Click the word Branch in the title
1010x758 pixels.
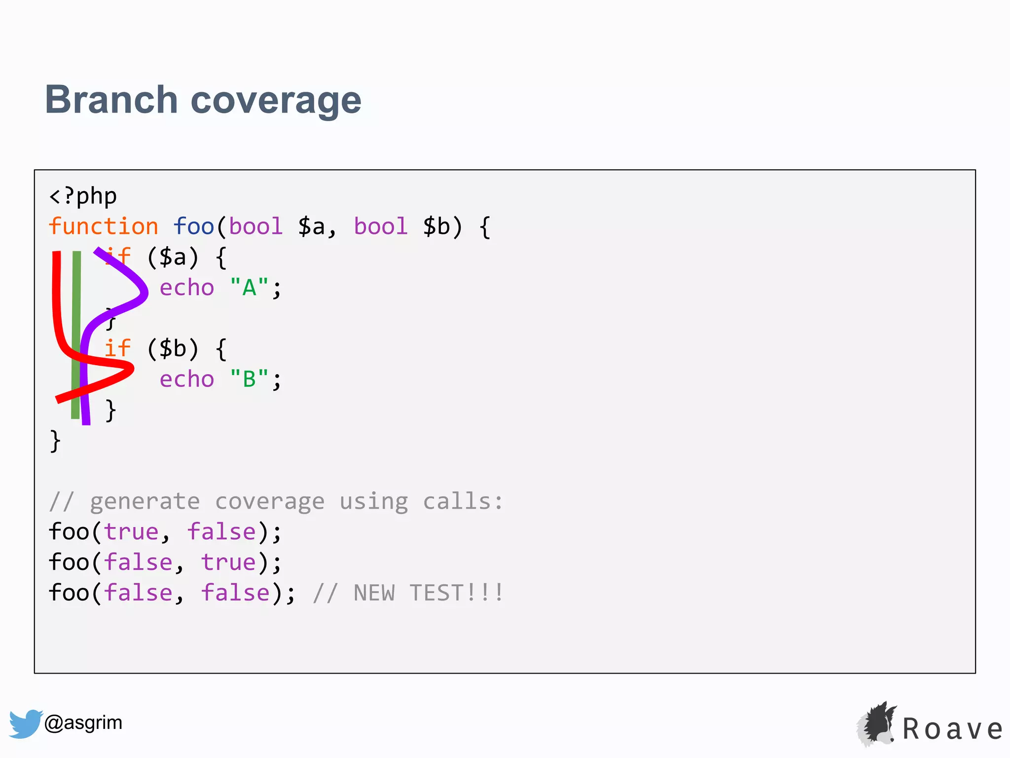point(111,100)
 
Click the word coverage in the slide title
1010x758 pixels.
point(276,101)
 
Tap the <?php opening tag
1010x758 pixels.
point(83,196)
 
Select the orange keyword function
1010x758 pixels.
point(104,227)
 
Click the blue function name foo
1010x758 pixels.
point(193,227)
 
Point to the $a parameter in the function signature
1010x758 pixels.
point(312,227)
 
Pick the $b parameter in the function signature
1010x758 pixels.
point(436,227)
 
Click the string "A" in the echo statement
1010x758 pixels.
point(249,288)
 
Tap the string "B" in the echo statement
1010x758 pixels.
point(249,379)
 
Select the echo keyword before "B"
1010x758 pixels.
point(187,379)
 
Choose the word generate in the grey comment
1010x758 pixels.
point(145,502)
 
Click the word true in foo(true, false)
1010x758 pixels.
point(131,532)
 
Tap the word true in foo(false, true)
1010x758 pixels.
point(228,563)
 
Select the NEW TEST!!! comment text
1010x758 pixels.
point(428,593)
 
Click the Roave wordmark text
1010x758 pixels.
point(952,729)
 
